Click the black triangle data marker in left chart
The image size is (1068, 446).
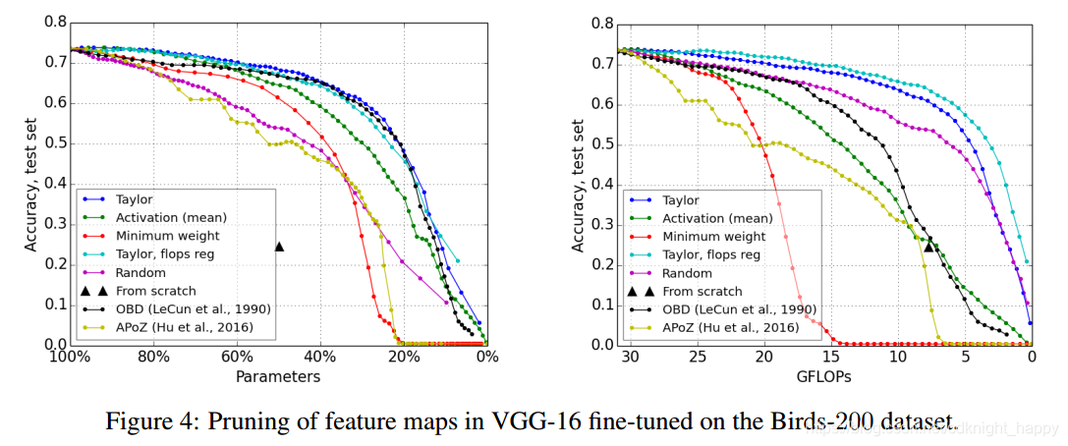(x=279, y=247)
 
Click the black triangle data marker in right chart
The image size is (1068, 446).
(x=929, y=247)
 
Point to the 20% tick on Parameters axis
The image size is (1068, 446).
(x=403, y=358)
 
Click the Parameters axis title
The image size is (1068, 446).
(x=278, y=376)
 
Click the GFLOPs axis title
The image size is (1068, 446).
(x=825, y=376)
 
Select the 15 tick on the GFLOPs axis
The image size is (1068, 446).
(x=831, y=358)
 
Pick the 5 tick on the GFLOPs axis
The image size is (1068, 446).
(x=965, y=358)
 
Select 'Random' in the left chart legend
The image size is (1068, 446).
(x=139, y=272)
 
